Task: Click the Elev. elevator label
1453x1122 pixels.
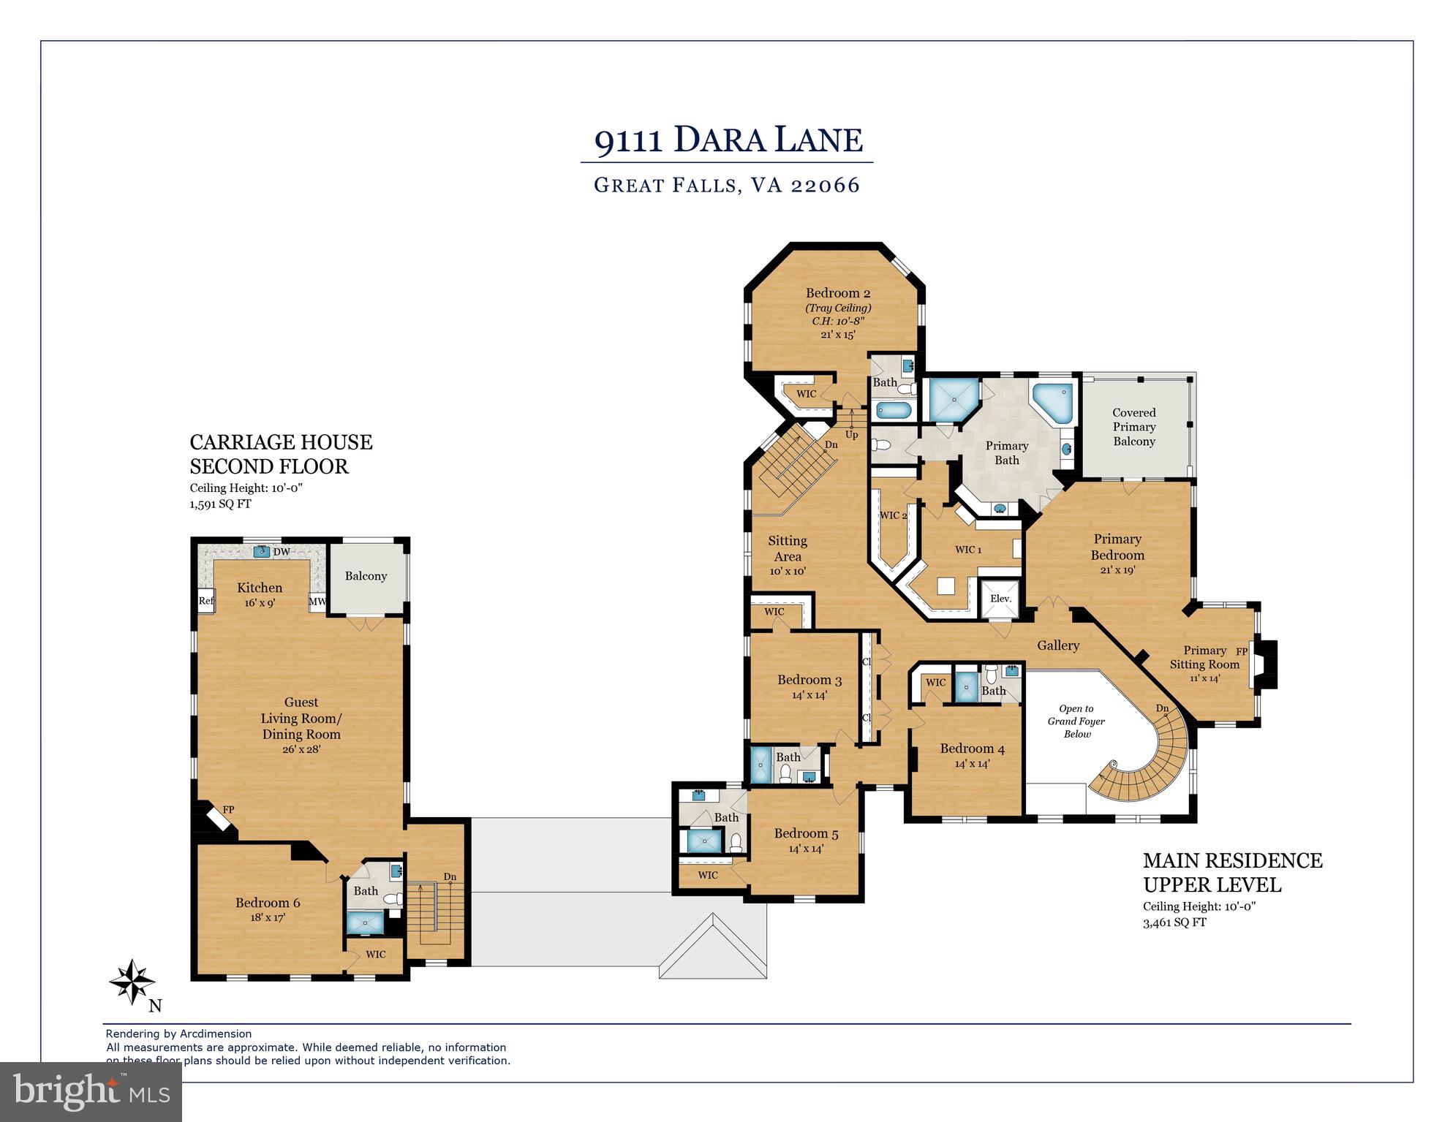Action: pos(1000,599)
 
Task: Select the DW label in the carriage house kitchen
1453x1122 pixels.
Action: pos(282,552)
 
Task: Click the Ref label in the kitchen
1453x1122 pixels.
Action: pos(206,601)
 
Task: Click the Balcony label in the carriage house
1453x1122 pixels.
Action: pos(366,576)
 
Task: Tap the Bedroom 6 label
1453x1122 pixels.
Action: pos(268,903)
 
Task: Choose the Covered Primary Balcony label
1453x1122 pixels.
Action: pos(1134,427)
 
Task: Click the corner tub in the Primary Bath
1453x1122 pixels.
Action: pos(1052,401)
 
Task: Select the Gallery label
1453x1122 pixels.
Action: pos(1058,645)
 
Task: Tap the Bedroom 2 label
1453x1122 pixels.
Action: pos(838,293)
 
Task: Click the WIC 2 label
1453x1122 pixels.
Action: pos(893,515)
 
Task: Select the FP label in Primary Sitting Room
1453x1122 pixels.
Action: pos(1242,651)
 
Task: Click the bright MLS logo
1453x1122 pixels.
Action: pos(91,1091)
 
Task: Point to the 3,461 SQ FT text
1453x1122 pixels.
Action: pos(1175,922)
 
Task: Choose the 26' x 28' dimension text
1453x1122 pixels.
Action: pos(301,749)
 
